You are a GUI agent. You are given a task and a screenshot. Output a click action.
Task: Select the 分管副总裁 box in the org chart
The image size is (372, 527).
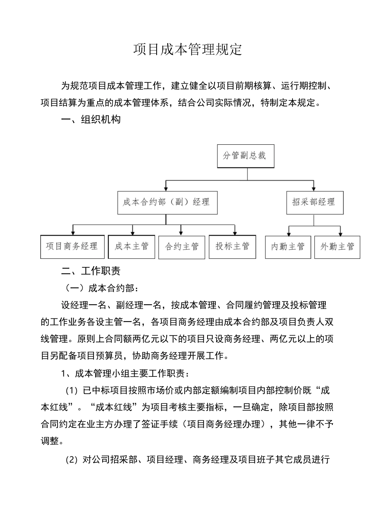click(246, 156)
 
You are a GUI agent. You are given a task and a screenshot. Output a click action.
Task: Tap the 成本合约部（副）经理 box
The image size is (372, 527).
click(167, 202)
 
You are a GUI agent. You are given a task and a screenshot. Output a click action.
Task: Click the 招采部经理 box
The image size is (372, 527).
click(314, 202)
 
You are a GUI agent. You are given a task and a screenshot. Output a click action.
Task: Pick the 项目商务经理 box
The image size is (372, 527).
click(72, 247)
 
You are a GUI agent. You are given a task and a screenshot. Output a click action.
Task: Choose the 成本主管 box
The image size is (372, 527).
click(132, 247)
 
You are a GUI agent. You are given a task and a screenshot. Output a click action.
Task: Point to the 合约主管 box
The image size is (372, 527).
click(182, 247)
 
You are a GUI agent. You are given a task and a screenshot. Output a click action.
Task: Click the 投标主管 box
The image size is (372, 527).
click(232, 247)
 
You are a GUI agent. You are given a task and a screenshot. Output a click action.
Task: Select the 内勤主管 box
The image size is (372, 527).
click(288, 247)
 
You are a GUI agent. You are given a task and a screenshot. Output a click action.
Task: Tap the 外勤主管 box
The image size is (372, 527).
click(337, 247)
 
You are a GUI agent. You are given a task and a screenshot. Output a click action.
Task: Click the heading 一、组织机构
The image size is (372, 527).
click(91, 120)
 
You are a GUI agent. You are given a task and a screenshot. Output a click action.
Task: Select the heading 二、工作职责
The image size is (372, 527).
click(91, 271)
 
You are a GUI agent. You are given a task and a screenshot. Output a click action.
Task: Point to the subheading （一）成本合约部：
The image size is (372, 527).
click(101, 288)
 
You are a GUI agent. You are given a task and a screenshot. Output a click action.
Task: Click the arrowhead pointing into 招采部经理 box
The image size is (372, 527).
click(313, 188)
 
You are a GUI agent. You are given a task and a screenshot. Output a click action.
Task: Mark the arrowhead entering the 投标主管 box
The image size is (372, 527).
click(235, 232)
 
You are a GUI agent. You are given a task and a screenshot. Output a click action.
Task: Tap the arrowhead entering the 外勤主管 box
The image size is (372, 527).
click(340, 233)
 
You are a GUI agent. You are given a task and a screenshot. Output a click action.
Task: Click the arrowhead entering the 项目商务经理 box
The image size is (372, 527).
click(73, 232)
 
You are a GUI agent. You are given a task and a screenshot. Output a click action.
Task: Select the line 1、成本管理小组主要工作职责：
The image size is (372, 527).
click(126, 373)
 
